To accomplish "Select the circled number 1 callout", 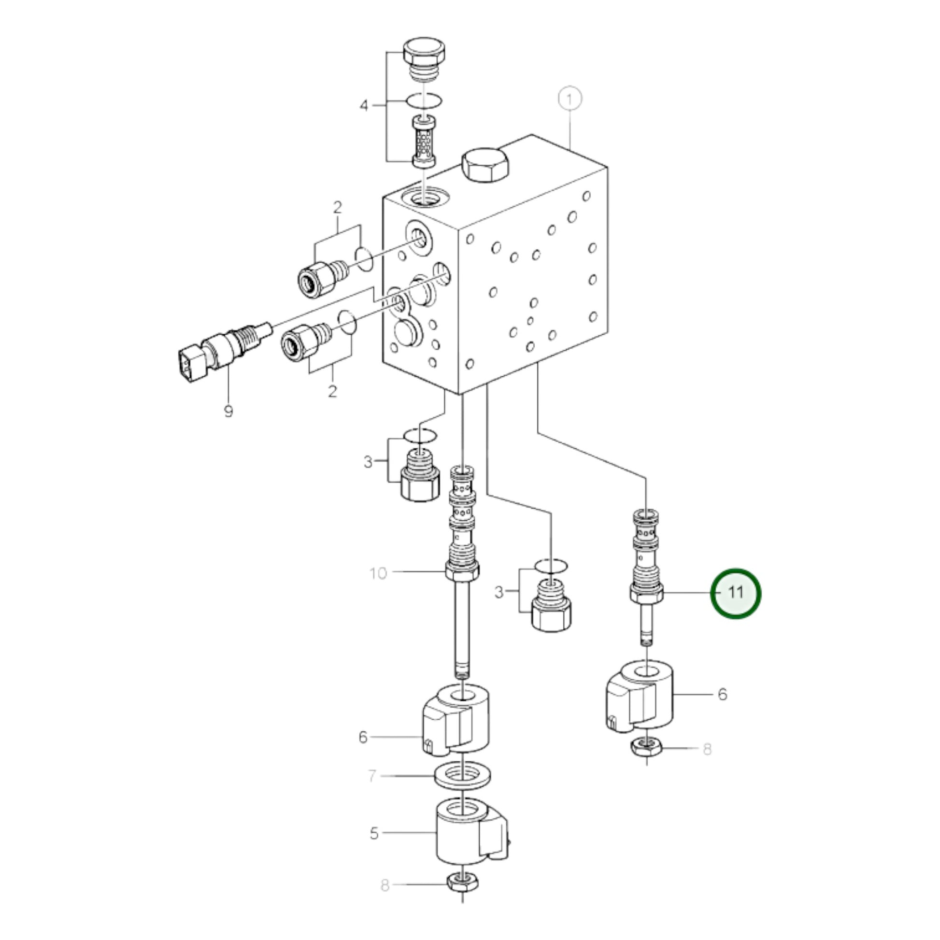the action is click(x=570, y=99).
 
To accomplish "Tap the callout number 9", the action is click(x=228, y=412).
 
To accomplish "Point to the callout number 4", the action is click(x=364, y=105).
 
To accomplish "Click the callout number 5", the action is click(x=374, y=834).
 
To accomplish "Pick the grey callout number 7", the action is click(x=372, y=776).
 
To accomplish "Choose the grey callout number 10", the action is click(x=378, y=574).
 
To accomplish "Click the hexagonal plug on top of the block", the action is click(x=485, y=164).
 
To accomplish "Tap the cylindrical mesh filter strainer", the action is click(x=424, y=141).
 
